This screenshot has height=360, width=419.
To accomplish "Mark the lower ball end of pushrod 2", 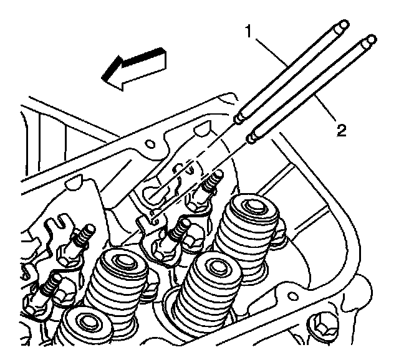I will (x=253, y=135).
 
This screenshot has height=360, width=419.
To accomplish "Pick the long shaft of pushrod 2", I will (x=312, y=87).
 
